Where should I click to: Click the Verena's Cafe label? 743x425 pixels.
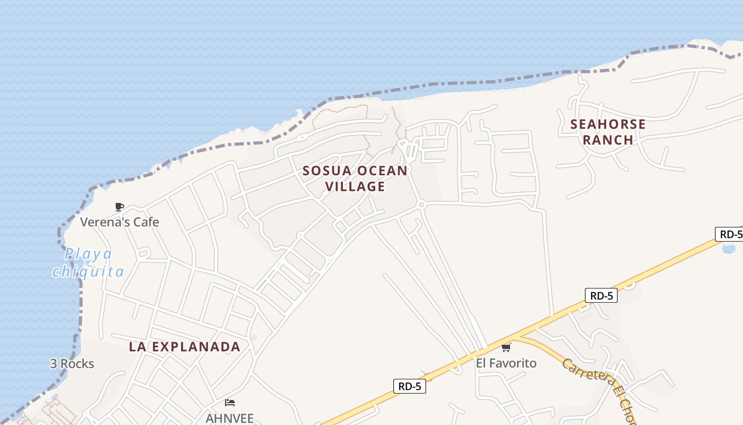click(x=119, y=222)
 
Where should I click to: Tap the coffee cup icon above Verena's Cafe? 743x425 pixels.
click(x=119, y=207)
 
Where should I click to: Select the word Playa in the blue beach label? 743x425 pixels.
click(x=89, y=254)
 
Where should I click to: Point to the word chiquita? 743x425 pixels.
click(x=88, y=271)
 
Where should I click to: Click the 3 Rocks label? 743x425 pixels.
click(x=72, y=364)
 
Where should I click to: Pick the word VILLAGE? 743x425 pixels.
click(x=355, y=186)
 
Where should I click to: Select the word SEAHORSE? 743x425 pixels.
click(x=608, y=125)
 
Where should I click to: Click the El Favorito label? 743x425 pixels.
click(x=506, y=363)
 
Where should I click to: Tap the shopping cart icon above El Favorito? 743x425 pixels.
click(x=506, y=348)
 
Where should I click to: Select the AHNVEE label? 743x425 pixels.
click(x=230, y=418)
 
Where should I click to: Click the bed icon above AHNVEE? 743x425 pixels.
click(x=230, y=403)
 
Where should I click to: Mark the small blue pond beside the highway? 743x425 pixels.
click(x=729, y=248)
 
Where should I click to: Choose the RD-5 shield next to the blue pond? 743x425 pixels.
click(x=730, y=234)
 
